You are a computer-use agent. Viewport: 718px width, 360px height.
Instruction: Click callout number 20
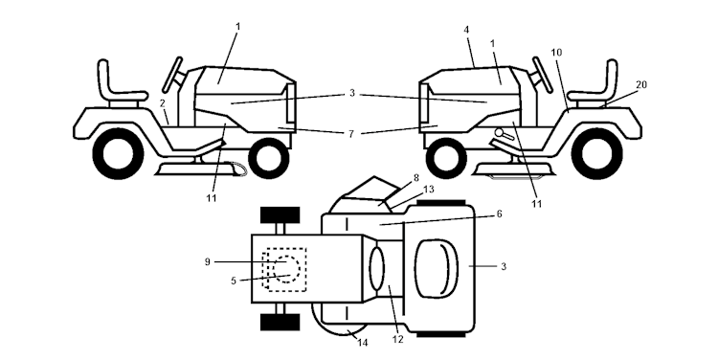(641, 84)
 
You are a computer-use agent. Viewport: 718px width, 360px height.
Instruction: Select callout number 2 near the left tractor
(162, 103)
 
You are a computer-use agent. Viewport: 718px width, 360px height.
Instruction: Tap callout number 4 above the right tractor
(466, 30)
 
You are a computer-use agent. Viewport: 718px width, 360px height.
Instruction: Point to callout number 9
(208, 262)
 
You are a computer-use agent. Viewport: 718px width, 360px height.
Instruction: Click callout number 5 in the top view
(234, 281)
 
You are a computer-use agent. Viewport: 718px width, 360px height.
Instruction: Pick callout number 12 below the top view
(398, 339)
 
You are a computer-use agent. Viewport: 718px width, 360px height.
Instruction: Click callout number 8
(415, 178)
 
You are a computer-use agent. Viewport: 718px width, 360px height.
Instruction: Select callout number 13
(429, 190)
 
